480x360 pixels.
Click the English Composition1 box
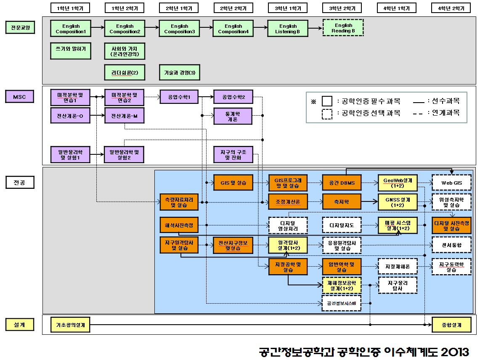71,29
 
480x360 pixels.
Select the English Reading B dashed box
343,28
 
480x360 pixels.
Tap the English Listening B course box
288,29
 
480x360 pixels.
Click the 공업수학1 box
179,98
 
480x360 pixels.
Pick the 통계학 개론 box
233,116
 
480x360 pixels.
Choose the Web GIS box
451,183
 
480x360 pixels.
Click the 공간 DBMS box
342,183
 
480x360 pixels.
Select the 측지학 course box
342,202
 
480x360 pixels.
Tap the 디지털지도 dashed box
342,225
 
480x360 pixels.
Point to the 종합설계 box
451,325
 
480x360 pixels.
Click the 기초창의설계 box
70,325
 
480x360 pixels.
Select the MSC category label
19,97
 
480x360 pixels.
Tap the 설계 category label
19,325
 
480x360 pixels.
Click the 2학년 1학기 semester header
179,8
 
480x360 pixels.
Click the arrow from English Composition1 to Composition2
97,28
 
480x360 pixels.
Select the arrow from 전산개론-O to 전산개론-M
97,115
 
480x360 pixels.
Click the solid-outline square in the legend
327,101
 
